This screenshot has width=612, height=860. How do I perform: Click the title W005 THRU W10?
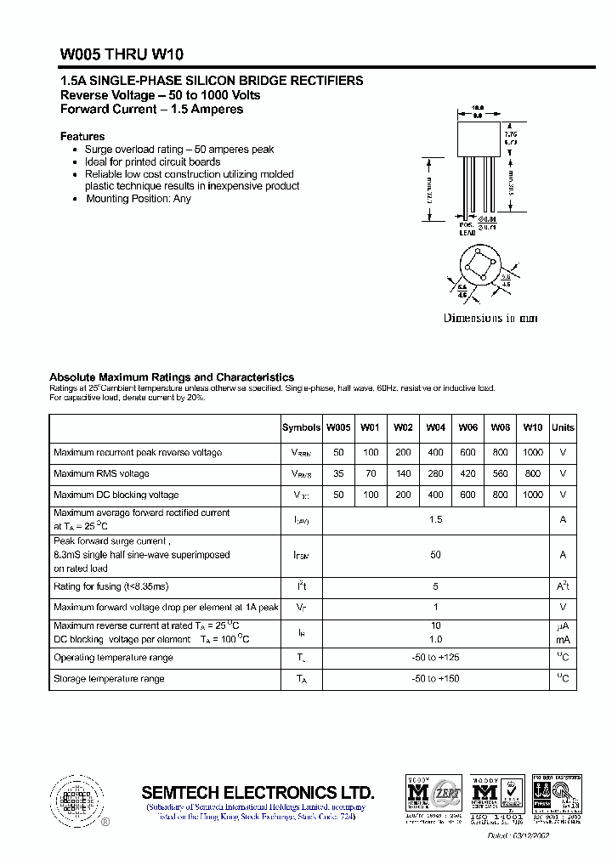[115, 54]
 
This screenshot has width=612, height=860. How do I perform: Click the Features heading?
[82, 136]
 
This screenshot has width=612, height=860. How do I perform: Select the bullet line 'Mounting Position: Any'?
[138, 199]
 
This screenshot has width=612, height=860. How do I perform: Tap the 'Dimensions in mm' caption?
[490, 318]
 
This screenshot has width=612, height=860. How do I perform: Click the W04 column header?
[435, 427]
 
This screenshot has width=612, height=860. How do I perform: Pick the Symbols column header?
[301, 427]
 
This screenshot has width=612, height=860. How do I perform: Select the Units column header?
[563, 427]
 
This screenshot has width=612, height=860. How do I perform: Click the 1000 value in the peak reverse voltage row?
[532, 452]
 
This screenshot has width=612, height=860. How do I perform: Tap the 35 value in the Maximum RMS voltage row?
[338, 473]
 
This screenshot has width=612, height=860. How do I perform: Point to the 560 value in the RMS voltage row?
[500, 473]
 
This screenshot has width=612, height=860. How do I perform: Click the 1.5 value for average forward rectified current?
[435, 518]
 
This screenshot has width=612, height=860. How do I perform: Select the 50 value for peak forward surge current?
[435, 554]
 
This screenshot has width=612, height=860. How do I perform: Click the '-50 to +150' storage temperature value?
[435, 679]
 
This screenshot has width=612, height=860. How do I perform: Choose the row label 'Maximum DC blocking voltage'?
[116, 495]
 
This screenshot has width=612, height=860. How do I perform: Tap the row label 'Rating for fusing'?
[111, 586]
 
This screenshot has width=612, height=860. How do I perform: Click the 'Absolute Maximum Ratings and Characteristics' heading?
[172, 376]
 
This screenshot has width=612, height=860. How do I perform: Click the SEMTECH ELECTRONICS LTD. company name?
[258, 792]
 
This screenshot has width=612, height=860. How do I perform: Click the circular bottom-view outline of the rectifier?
[479, 269]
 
